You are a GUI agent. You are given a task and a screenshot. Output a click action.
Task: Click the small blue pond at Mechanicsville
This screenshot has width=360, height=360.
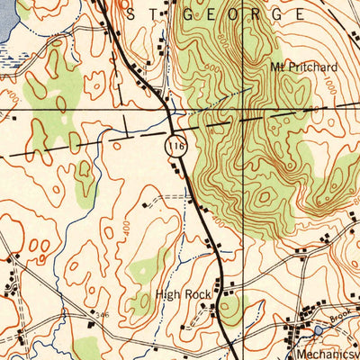coord(320,331)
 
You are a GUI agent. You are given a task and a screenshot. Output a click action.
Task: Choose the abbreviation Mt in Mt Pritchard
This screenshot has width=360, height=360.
coord(275,67)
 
